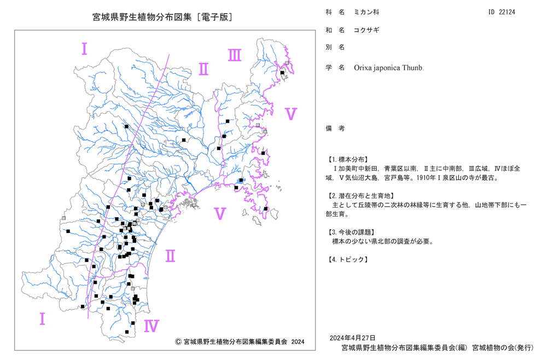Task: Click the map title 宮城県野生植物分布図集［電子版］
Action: pyautogui.click(x=162, y=17)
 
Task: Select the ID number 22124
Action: pyautogui.click(x=507, y=12)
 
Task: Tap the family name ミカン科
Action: pyautogui.click(x=366, y=12)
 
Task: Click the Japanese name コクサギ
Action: pyautogui.click(x=366, y=30)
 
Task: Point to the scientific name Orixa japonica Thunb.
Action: pyautogui.click(x=389, y=68)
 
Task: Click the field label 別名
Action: pyautogui.click(x=335, y=47)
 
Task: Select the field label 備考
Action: pyautogui.click(x=335, y=129)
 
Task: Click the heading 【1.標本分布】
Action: pyautogui.click(x=347, y=160)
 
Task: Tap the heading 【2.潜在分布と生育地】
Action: pyautogui.click(x=360, y=196)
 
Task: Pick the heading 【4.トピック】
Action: pyautogui.click(x=347, y=259)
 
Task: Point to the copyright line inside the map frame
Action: pyautogui.click(x=240, y=342)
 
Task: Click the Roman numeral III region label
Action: pyautogui.click(x=235, y=55)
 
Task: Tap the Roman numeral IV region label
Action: pyautogui.click(x=152, y=326)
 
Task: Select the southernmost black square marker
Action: pyautogui.click(x=127, y=332)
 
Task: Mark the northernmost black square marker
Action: pyautogui.click(x=282, y=73)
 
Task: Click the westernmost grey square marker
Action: pyautogui.click(x=63, y=218)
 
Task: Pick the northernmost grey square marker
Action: pyautogui.click(x=287, y=63)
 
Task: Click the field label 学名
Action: pyautogui.click(x=335, y=68)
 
